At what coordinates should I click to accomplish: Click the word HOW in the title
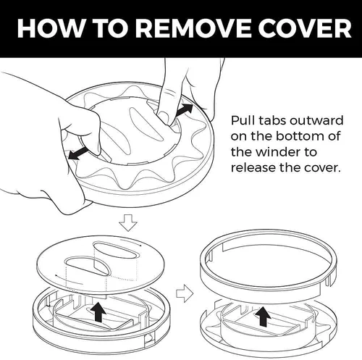click(50, 28)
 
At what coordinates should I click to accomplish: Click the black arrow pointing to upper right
click(185, 110)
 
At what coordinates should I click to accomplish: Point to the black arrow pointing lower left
click(78, 154)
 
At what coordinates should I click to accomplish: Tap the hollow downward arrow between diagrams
click(128, 222)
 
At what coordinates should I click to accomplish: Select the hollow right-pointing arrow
click(185, 293)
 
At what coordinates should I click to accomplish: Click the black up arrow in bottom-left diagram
click(98, 311)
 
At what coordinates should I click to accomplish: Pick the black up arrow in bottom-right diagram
click(264, 317)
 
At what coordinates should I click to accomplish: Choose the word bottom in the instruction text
click(300, 136)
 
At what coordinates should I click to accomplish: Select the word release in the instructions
click(253, 167)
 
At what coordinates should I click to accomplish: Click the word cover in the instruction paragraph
click(322, 167)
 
